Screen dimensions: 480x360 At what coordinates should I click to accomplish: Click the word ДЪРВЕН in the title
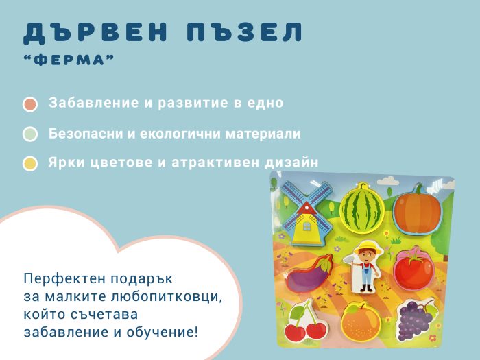point(95,32)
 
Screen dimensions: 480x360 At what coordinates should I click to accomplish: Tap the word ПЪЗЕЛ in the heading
point(245,32)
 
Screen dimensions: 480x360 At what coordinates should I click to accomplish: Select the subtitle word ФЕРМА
point(69,60)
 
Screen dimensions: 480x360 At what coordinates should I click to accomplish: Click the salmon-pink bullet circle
point(30,104)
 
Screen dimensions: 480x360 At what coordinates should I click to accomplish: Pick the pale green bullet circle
point(30,134)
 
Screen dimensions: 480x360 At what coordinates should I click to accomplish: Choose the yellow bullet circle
point(30,163)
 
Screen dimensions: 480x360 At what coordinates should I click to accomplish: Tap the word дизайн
point(291,163)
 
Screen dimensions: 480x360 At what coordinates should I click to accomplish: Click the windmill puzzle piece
point(307,213)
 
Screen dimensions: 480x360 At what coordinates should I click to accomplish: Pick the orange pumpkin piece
point(418,210)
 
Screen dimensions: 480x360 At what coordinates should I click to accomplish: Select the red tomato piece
point(414,268)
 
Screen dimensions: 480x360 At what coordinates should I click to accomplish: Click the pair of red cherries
point(306,323)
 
